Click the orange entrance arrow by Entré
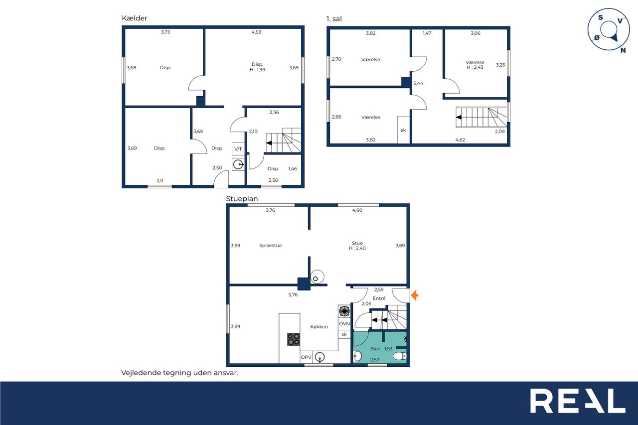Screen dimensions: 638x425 [x=415, y=295]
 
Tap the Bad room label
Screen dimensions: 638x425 [x=375, y=348]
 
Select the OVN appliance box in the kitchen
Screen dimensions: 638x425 [x=344, y=324]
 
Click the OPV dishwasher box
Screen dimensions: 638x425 [x=306, y=357]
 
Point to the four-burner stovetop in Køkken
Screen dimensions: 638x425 [x=294, y=339]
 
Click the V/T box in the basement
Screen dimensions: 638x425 [x=238, y=149]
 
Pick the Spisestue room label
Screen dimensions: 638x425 [x=271, y=245]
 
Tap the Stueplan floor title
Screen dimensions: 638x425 [x=242, y=199]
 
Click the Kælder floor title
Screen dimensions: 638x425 [x=135, y=18]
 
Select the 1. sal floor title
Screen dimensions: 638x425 [x=334, y=19]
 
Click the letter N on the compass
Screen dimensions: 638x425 [x=623, y=50]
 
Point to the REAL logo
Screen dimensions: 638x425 [x=578, y=401]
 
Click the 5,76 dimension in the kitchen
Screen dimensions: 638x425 [x=293, y=294]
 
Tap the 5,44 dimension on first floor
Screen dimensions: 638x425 [x=418, y=83]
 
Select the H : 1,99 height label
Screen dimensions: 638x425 [x=258, y=70]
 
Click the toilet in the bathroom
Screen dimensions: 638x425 [x=400, y=356]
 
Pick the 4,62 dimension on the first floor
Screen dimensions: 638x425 [x=460, y=140]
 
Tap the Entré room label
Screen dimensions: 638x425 [x=379, y=298]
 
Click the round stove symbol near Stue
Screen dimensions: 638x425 [x=317, y=277]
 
